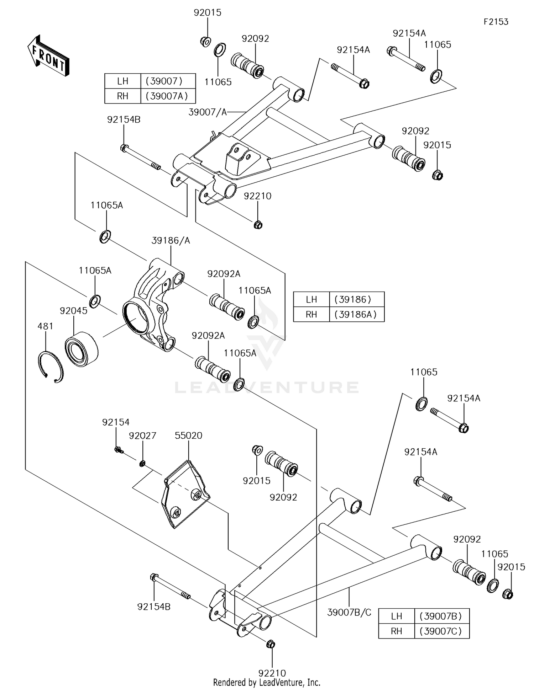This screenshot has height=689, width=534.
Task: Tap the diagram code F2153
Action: point(496,22)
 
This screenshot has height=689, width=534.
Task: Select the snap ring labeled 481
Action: point(51,367)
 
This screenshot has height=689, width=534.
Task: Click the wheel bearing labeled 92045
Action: point(82,348)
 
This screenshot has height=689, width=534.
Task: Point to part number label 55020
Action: point(189,436)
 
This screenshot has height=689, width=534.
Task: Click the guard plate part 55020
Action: point(185,494)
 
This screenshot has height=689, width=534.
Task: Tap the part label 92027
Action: point(142,436)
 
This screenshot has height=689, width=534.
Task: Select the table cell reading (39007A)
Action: point(168,96)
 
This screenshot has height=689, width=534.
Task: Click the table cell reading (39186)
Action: point(357,299)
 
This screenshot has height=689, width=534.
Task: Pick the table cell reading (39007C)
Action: point(442,631)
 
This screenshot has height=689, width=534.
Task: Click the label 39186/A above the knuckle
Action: point(171,241)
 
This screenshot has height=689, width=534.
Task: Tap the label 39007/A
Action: point(208,112)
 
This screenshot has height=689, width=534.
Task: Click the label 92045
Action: point(74,311)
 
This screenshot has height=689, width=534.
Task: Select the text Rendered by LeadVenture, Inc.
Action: point(267,682)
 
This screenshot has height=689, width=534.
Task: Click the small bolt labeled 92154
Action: point(119,450)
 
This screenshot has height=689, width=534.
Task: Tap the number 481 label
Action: point(46,326)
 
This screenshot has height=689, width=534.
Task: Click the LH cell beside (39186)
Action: point(311,299)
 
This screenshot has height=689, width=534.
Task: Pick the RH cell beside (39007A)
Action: point(123,96)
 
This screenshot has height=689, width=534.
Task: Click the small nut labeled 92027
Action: point(142,464)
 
